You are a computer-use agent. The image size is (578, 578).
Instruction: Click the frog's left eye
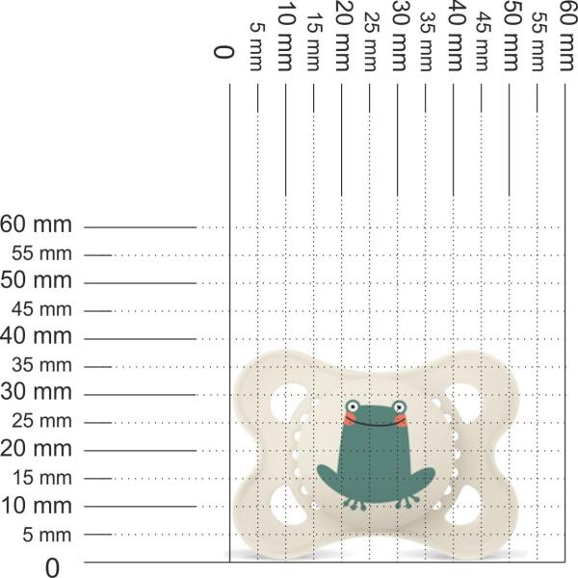pos(354,407)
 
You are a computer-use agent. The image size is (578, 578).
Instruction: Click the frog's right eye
pos(399,407)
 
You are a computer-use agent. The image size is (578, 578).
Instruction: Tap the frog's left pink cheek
pos(349,419)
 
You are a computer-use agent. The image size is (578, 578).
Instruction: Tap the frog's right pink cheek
pos(402,420)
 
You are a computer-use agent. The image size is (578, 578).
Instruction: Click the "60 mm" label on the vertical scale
pos(36,224)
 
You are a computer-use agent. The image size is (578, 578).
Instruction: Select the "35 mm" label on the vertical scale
pos(41,365)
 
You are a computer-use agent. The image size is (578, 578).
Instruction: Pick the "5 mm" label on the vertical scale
pos(47,535)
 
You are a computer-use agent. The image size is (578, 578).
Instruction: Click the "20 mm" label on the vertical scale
pos(36,449)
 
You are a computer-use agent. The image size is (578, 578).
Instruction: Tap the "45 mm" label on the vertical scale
pos(41,309)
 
